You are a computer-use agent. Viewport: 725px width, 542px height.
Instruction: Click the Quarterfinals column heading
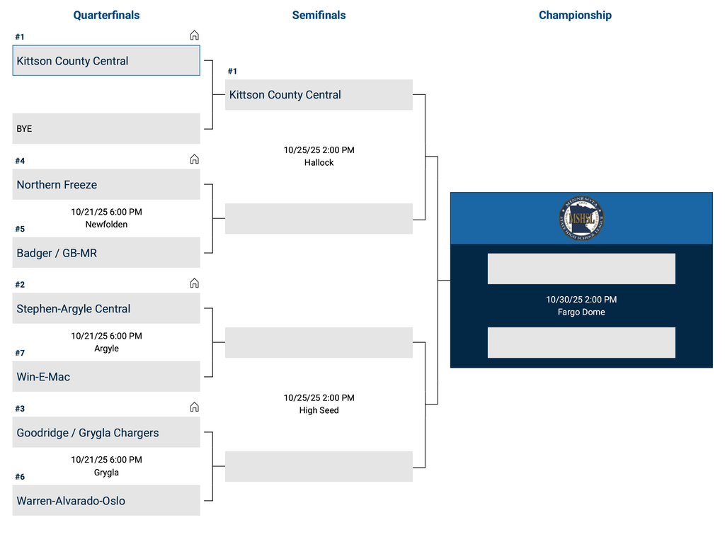click(106, 15)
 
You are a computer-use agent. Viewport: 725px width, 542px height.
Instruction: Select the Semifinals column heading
click(319, 15)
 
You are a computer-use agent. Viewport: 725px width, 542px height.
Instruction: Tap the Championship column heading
click(575, 15)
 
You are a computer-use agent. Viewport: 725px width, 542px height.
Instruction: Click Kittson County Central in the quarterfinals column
click(106, 61)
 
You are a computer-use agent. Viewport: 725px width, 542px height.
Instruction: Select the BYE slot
click(106, 129)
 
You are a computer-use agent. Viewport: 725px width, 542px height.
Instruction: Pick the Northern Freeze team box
click(106, 185)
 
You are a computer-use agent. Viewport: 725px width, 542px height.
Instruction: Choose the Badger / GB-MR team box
click(106, 253)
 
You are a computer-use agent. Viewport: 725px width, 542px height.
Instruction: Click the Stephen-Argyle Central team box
click(106, 309)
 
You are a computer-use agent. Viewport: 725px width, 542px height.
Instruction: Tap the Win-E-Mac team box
click(106, 377)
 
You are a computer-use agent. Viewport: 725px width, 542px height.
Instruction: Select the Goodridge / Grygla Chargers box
click(106, 433)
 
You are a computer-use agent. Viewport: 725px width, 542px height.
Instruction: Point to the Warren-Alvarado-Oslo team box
click(106, 501)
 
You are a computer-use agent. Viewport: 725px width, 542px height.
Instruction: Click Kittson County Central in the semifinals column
click(319, 95)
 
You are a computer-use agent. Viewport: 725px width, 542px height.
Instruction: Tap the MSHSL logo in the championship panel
click(581, 219)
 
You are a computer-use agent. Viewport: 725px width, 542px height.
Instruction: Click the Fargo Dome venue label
click(581, 312)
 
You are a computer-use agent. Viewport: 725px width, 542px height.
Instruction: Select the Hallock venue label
click(319, 163)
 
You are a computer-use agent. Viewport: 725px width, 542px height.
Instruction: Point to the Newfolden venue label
click(106, 225)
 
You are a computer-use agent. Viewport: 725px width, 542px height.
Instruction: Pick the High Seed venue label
click(319, 411)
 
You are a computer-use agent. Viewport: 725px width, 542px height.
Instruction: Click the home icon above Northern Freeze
click(194, 159)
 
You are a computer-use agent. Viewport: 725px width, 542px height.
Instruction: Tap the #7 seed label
click(20, 353)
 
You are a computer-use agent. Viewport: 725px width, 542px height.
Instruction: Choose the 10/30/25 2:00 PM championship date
click(581, 300)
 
